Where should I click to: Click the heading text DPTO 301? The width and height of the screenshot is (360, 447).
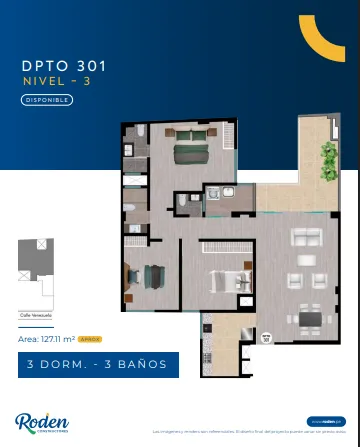63,66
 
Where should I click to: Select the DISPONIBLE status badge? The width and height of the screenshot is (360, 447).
47,99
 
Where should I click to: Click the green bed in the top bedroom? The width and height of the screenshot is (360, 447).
187,153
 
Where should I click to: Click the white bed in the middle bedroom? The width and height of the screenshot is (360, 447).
221,281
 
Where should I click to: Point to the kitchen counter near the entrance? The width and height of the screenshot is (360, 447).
207,345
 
